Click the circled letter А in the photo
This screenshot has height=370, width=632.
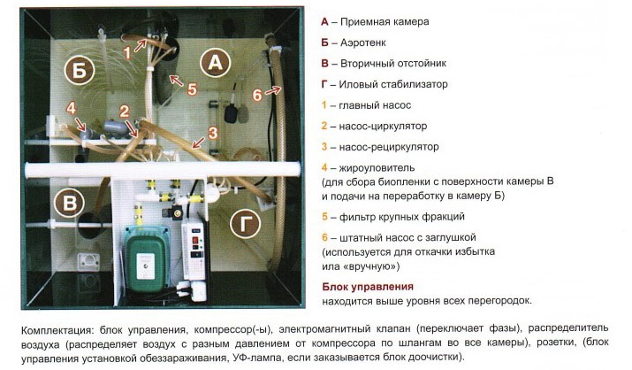[x=216, y=63]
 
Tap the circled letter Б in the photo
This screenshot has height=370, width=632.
[x=80, y=70]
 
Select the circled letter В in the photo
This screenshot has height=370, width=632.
[x=69, y=203]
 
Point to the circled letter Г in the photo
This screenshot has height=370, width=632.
[x=245, y=223]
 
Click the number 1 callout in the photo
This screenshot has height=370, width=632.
[x=127, y=53]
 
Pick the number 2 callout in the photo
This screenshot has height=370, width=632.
[x=124, y=111]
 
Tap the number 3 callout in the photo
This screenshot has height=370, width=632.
[x=213, y=133]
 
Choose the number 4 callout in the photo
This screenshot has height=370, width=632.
[x=71, y=108]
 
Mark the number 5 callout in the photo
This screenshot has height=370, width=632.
[x=193, y=89]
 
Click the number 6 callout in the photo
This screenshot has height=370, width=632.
[x=257, y=95]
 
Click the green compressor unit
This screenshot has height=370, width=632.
[x=146, y=258]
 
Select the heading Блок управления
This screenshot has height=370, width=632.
[x=368, y=287]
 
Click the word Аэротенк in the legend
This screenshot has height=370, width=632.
[x=362, y=42]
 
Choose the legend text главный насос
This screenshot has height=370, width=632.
[x=375, y=105]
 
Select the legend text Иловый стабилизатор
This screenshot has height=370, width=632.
[x=393, y=84]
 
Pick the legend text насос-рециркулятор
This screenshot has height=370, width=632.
[x=389, y=147]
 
